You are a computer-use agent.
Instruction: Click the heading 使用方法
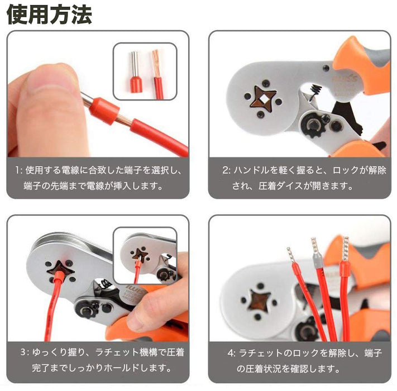click(50, 15)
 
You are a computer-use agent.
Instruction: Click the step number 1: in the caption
click(19, 170)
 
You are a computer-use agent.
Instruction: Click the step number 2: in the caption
click(227, 170)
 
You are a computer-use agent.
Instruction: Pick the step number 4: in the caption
click(232, 353)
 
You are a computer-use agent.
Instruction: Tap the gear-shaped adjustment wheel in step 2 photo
click(313, 126)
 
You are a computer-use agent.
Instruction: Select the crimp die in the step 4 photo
click(259, 301)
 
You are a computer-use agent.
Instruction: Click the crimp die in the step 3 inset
click(139, 255)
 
